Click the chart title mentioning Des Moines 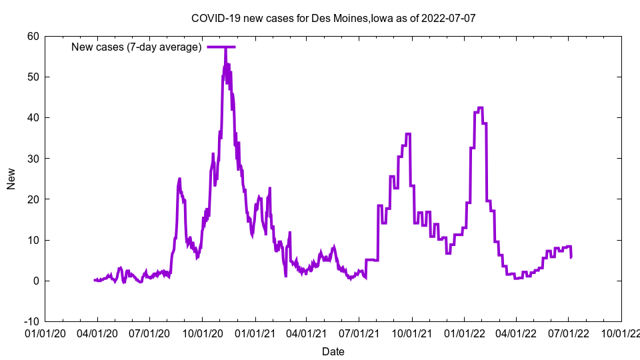(333, 18)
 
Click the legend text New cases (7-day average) (136, 47)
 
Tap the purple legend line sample (221, 47)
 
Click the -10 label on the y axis (31, 321)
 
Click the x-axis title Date (333, 351)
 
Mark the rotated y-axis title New (11, 179)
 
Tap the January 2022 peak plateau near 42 (480, 108)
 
